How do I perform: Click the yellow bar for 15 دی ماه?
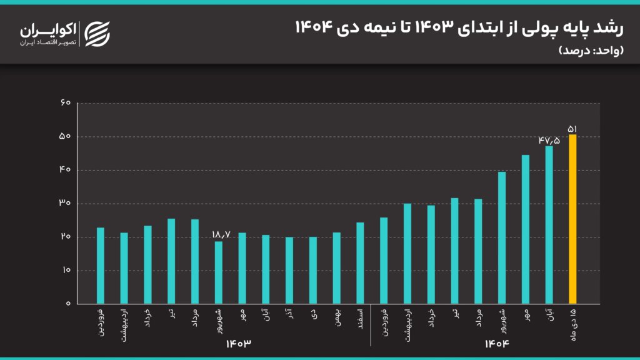572,219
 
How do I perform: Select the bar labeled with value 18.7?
218,272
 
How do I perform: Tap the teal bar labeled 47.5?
549,225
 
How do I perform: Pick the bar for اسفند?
360,263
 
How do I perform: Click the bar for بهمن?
336,268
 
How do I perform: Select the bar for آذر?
289,270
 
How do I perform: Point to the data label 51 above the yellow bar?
572,129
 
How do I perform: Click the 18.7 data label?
221,234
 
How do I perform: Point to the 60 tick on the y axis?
65,103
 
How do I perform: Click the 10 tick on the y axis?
65,271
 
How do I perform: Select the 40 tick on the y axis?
65,170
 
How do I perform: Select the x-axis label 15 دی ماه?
572,322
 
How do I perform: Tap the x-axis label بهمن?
336,316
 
